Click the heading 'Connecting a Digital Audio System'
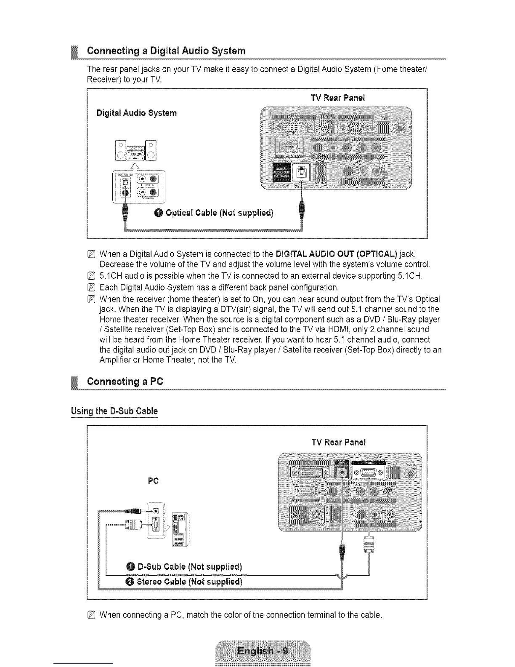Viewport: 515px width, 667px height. [x=166, y=51]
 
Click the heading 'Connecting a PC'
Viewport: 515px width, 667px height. [x=125, y=382]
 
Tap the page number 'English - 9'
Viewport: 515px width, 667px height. [x=263, y=651]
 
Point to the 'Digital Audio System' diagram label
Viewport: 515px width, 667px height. [x=136, y=113]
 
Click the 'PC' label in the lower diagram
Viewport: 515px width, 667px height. [x=153, y=481]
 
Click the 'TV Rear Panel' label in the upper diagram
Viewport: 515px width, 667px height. [x=338, y=98]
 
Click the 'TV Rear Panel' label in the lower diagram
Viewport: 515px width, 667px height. [x=339, y=442]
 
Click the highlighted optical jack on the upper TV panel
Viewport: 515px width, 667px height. [x=302, y=173]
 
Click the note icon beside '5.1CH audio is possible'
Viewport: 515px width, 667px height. [x=92, y=276]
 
